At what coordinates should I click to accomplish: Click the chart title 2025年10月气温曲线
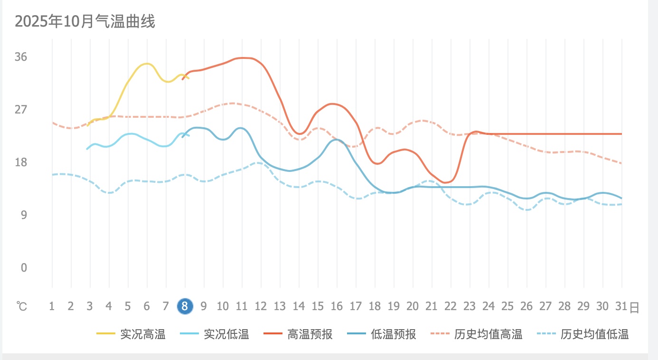click(85, 21)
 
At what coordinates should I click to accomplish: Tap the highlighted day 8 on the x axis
click(185, 306)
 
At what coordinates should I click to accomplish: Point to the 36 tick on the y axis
click(21, 57)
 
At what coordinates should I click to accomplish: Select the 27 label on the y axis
click(21, 110)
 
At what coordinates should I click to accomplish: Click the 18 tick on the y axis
click(21, 162)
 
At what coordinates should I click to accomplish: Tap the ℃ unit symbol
click(21, 307)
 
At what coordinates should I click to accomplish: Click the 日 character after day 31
click(634, 307)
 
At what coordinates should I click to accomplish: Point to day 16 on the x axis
click(337, 306)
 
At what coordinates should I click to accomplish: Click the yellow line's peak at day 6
click(147, 64)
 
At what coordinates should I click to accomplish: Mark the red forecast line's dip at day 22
click(446, 182)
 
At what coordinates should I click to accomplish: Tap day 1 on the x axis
click(52, 306)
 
